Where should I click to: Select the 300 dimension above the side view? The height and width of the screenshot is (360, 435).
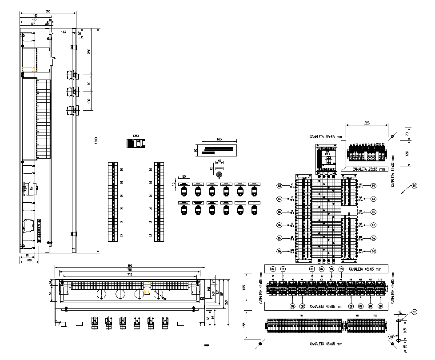click(48, 11)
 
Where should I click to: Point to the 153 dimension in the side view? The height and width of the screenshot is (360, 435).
click(63, 32)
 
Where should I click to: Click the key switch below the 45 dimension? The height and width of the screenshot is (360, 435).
click(219, 175)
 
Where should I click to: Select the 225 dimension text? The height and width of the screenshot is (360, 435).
click(367, 123)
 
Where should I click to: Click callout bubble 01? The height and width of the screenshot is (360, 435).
click(414, 185)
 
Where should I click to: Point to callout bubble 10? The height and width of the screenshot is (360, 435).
click(391, 336)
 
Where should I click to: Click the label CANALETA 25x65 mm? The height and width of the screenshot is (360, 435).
click(368, 169)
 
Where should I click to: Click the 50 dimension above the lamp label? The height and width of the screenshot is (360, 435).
click(184, 176)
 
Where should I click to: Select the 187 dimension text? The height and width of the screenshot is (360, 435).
click(35, 16)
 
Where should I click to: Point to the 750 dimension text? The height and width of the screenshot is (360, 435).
click(130, 270)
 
